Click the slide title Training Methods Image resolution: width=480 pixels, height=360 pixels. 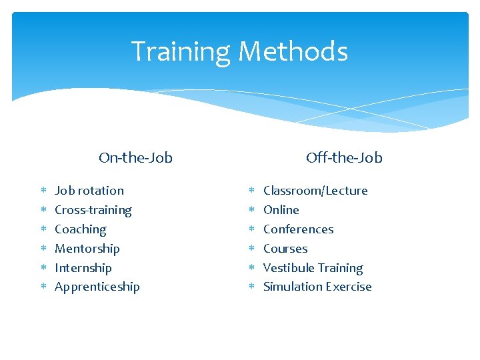click(x=239, y=51)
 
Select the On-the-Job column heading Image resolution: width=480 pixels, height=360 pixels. click(x=135, y=158)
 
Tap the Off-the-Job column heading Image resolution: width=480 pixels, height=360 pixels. click(x=344, y=158)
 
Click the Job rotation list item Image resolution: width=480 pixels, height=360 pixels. click(x=89, y=191)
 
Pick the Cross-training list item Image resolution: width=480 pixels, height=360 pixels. click(x=93, y=210)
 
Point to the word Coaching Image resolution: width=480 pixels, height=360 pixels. click(x=80, y=229)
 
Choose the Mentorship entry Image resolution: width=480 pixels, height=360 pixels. click(x=87, y=249)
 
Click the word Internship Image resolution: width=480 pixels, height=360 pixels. click(x=83, y=268)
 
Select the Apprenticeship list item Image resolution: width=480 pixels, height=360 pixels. click(x=97, y=287)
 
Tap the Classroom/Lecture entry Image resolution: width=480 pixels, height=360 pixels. click(x=315, y=191)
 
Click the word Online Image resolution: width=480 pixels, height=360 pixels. click(x=281, y=210)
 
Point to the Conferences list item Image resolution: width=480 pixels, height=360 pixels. click(x=298, y=229)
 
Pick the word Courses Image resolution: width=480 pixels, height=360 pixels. click(x=285, y=249)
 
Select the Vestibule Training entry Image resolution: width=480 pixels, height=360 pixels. click(x=313, y=268)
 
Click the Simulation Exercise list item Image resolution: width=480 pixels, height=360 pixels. click(x=317, y=287)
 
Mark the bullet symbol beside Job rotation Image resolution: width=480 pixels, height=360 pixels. click(x=42, y=191)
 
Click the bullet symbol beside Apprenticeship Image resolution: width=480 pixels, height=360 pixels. click(x=42, y=287)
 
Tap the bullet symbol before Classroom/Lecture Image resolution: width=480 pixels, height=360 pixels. click(x=251, y=191)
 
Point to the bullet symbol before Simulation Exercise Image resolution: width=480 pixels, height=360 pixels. click(x=251, y=287)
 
